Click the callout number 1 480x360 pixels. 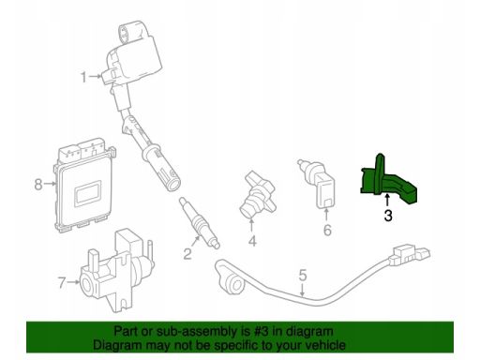click(x=83, y=77)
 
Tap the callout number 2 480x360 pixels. click(x=187, y=254)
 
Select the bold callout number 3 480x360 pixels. click(x=388, y=216)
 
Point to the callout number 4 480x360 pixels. click(x=252, y=241)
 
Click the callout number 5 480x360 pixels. click(x=303, y=275)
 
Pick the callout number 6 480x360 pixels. click(x=327, y=231)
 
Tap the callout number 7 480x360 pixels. click(x=62, y=283)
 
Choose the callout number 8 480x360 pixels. click(x=38, y=184)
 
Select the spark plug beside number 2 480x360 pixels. click(x=200, y=222)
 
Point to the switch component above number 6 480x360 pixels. click(x=318, y=184)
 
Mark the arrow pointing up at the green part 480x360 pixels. click(x=387, y=200)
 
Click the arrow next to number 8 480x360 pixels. click(x=50, y=184)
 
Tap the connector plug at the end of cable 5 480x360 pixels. click(x=410, y=254)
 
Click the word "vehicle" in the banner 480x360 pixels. click(x=325, y=345)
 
